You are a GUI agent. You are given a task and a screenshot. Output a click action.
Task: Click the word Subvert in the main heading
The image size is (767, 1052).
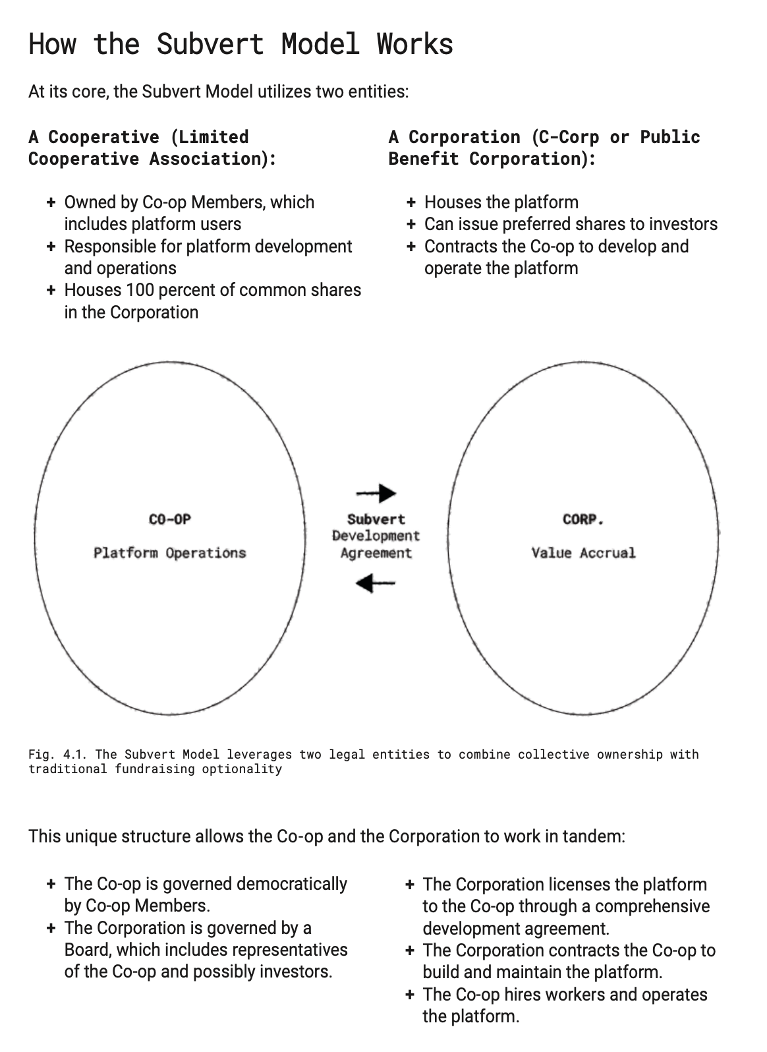(210, 44)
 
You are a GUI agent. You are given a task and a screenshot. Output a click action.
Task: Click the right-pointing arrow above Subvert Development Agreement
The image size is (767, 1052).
(376, 493)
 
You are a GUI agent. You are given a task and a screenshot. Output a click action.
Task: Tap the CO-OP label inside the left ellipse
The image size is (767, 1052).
(169, 519)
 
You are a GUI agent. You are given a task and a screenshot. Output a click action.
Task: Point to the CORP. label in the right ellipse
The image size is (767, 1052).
(583, 519)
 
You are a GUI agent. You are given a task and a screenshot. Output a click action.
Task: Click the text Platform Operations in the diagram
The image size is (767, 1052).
(169, 552)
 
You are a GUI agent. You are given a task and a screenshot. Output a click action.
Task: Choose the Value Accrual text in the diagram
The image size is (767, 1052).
(583, 552)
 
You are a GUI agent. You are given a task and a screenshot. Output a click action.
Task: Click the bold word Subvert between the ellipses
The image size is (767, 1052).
(376, 519)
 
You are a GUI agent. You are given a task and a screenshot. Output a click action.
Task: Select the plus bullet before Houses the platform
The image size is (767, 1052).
(411, 202)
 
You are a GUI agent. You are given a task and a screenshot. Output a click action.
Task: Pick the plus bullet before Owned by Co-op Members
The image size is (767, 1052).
(51, 202)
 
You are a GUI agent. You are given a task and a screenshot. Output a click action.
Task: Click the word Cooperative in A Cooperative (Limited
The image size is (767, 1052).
(103, 137)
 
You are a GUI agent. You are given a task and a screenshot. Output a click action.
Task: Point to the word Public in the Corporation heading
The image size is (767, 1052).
(669, 137)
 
